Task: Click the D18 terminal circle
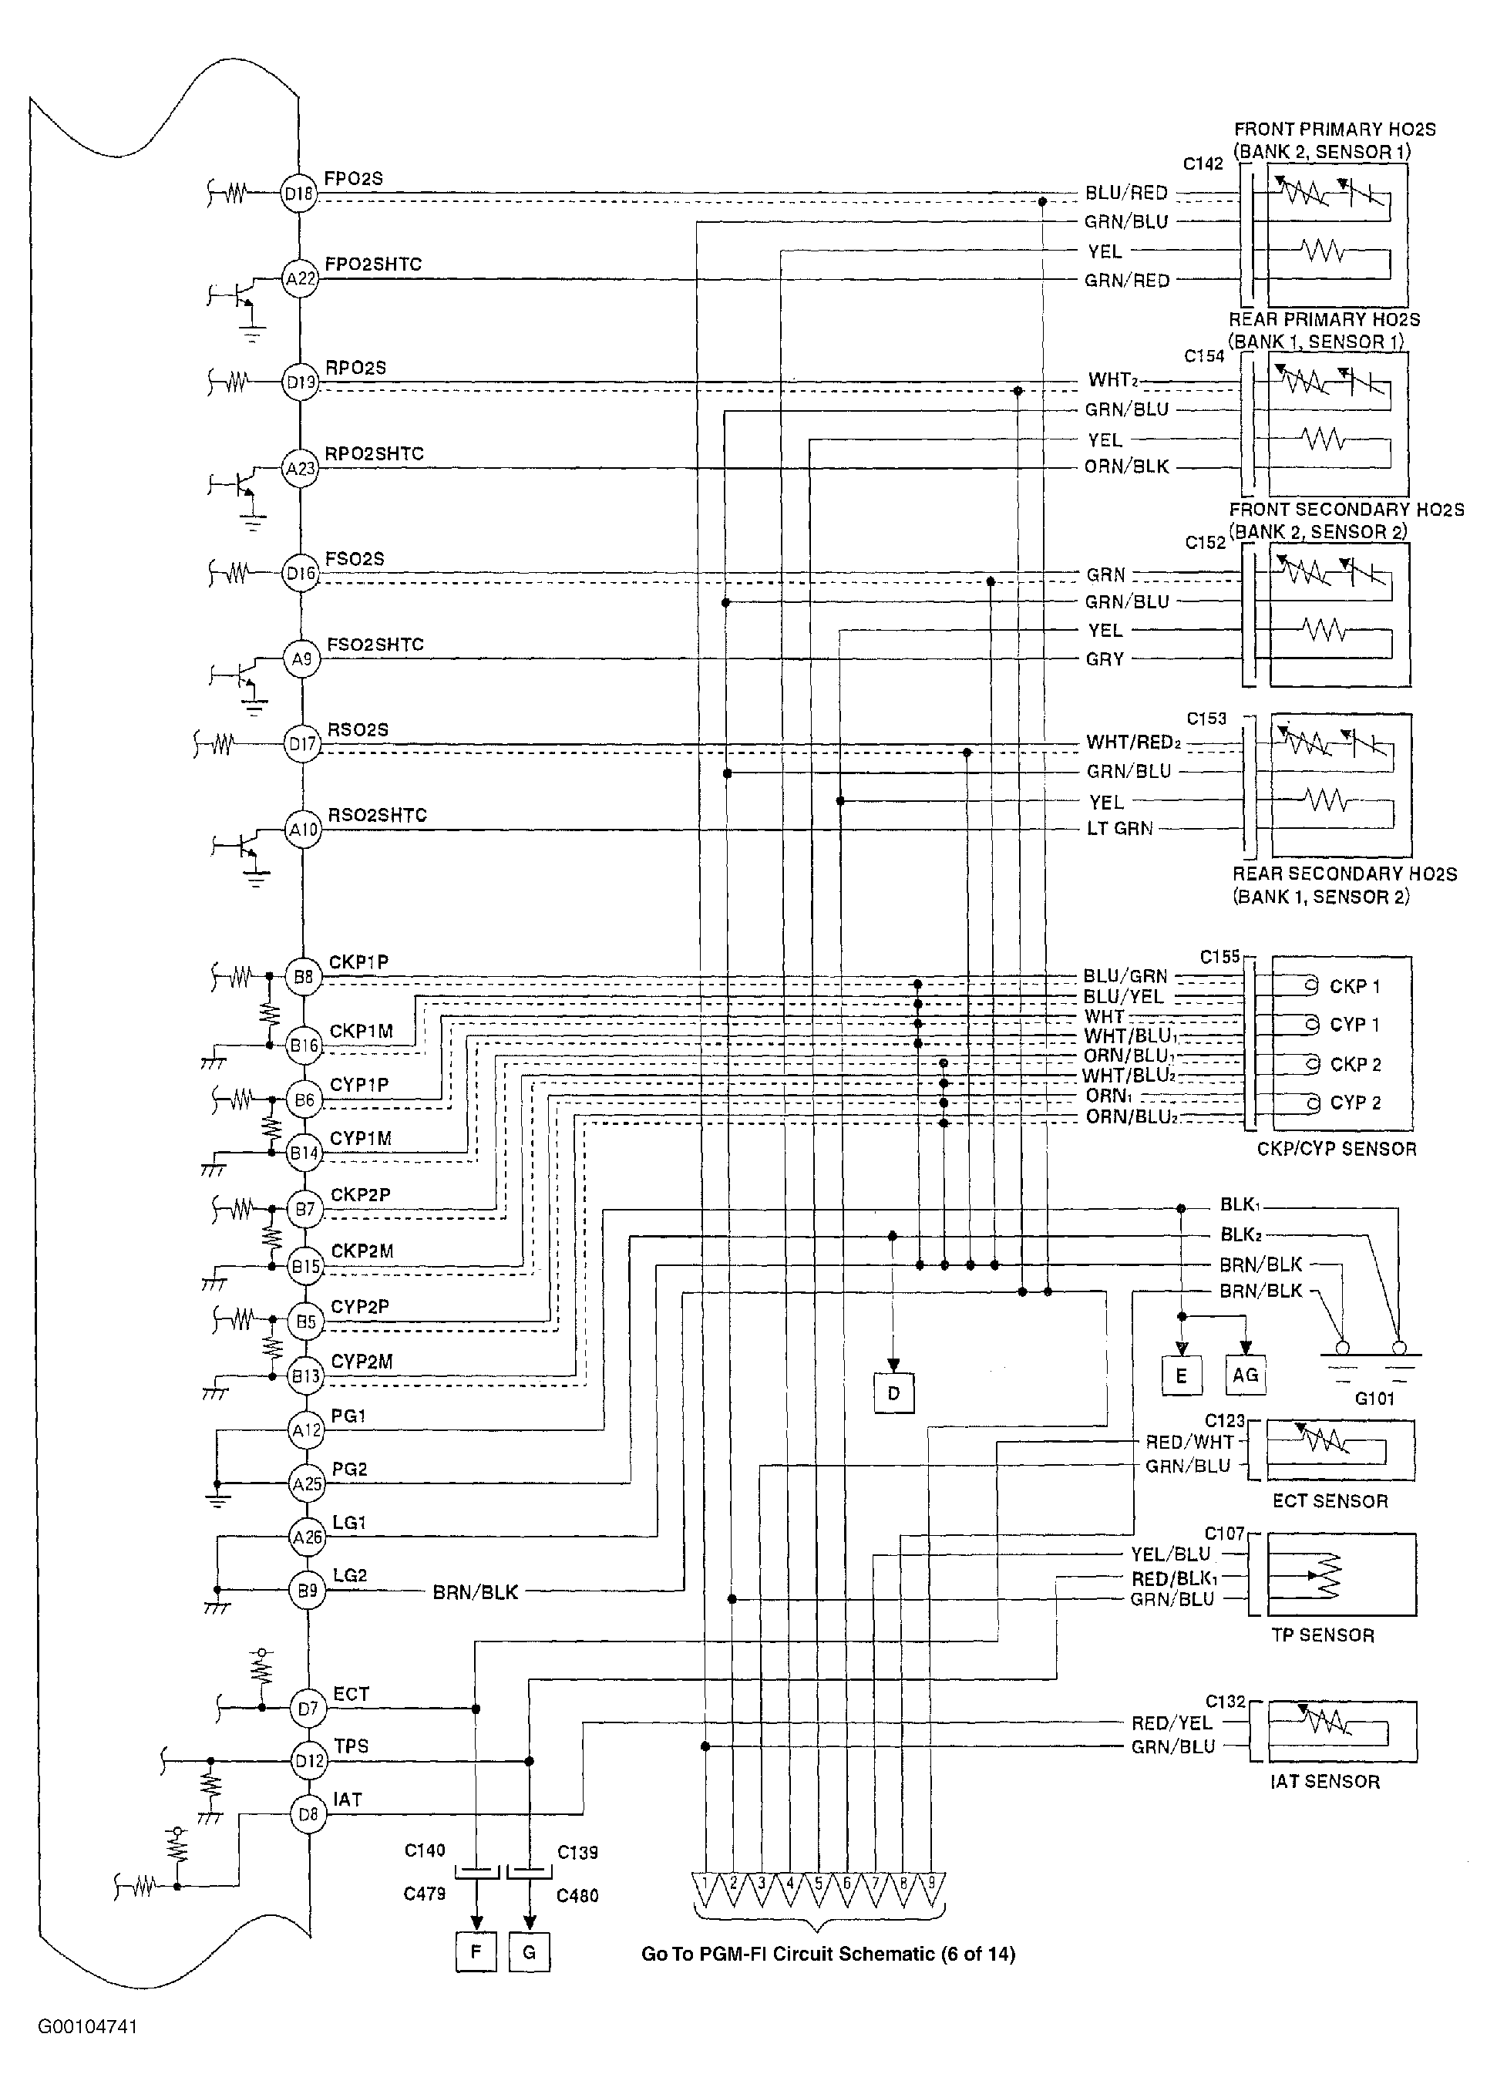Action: [x=298, y=194]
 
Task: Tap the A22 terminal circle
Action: [x=301, y=278]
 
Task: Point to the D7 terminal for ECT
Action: [x=308, y=1709]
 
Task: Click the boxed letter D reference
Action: [x=893, y=1393]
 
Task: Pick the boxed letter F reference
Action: [x=476, y=1951]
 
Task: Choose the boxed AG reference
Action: [x=1246, y=1375]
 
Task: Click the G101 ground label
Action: [x=1374, y=1399]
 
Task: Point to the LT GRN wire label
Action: [x=1120, y=829]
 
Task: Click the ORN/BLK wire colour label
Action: [x=1126, y=466]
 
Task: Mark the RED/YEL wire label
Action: [x=1172, y=1723]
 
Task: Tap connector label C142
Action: [x=1203, y=163]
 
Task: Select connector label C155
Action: [x=1219, y=957]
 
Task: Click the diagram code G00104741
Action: [x=88, y=2026]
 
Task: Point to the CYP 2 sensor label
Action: [x=1355, y=1103]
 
